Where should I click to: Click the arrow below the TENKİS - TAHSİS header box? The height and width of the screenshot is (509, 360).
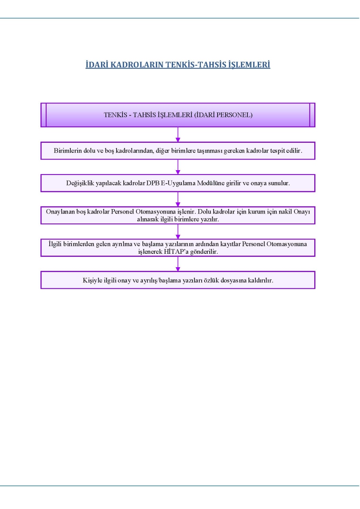click(178, 134)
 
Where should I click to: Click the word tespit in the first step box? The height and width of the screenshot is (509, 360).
click(277, 151)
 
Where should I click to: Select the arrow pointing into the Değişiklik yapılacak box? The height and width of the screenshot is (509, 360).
click(178, 167)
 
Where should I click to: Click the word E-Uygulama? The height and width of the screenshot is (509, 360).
click(178, 183)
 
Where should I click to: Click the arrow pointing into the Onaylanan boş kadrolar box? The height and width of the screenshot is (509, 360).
click(178, 199)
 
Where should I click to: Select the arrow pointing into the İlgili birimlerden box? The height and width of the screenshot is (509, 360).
click(178, 231)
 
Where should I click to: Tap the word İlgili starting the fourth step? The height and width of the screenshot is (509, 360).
click(55, 244)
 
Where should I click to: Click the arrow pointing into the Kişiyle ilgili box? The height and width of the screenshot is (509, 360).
click(178, 264)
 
